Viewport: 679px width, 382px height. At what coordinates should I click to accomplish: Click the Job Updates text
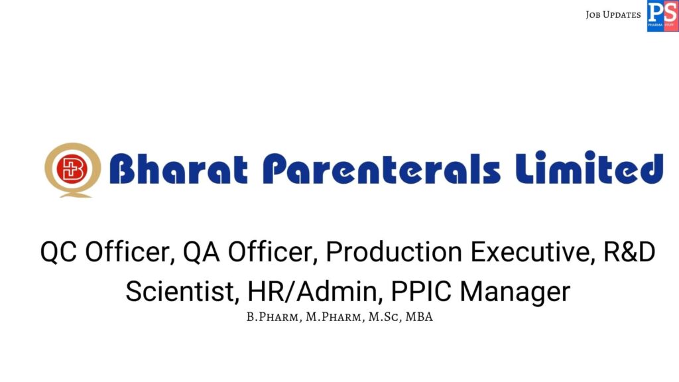pos(613,15)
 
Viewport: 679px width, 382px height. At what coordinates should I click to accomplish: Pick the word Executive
pos(524,253)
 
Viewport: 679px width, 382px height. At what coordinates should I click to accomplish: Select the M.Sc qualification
pos(383,317)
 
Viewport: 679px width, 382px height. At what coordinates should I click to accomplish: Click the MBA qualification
pos(420,317)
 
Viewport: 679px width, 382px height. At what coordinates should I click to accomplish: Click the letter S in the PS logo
pos(670,12)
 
